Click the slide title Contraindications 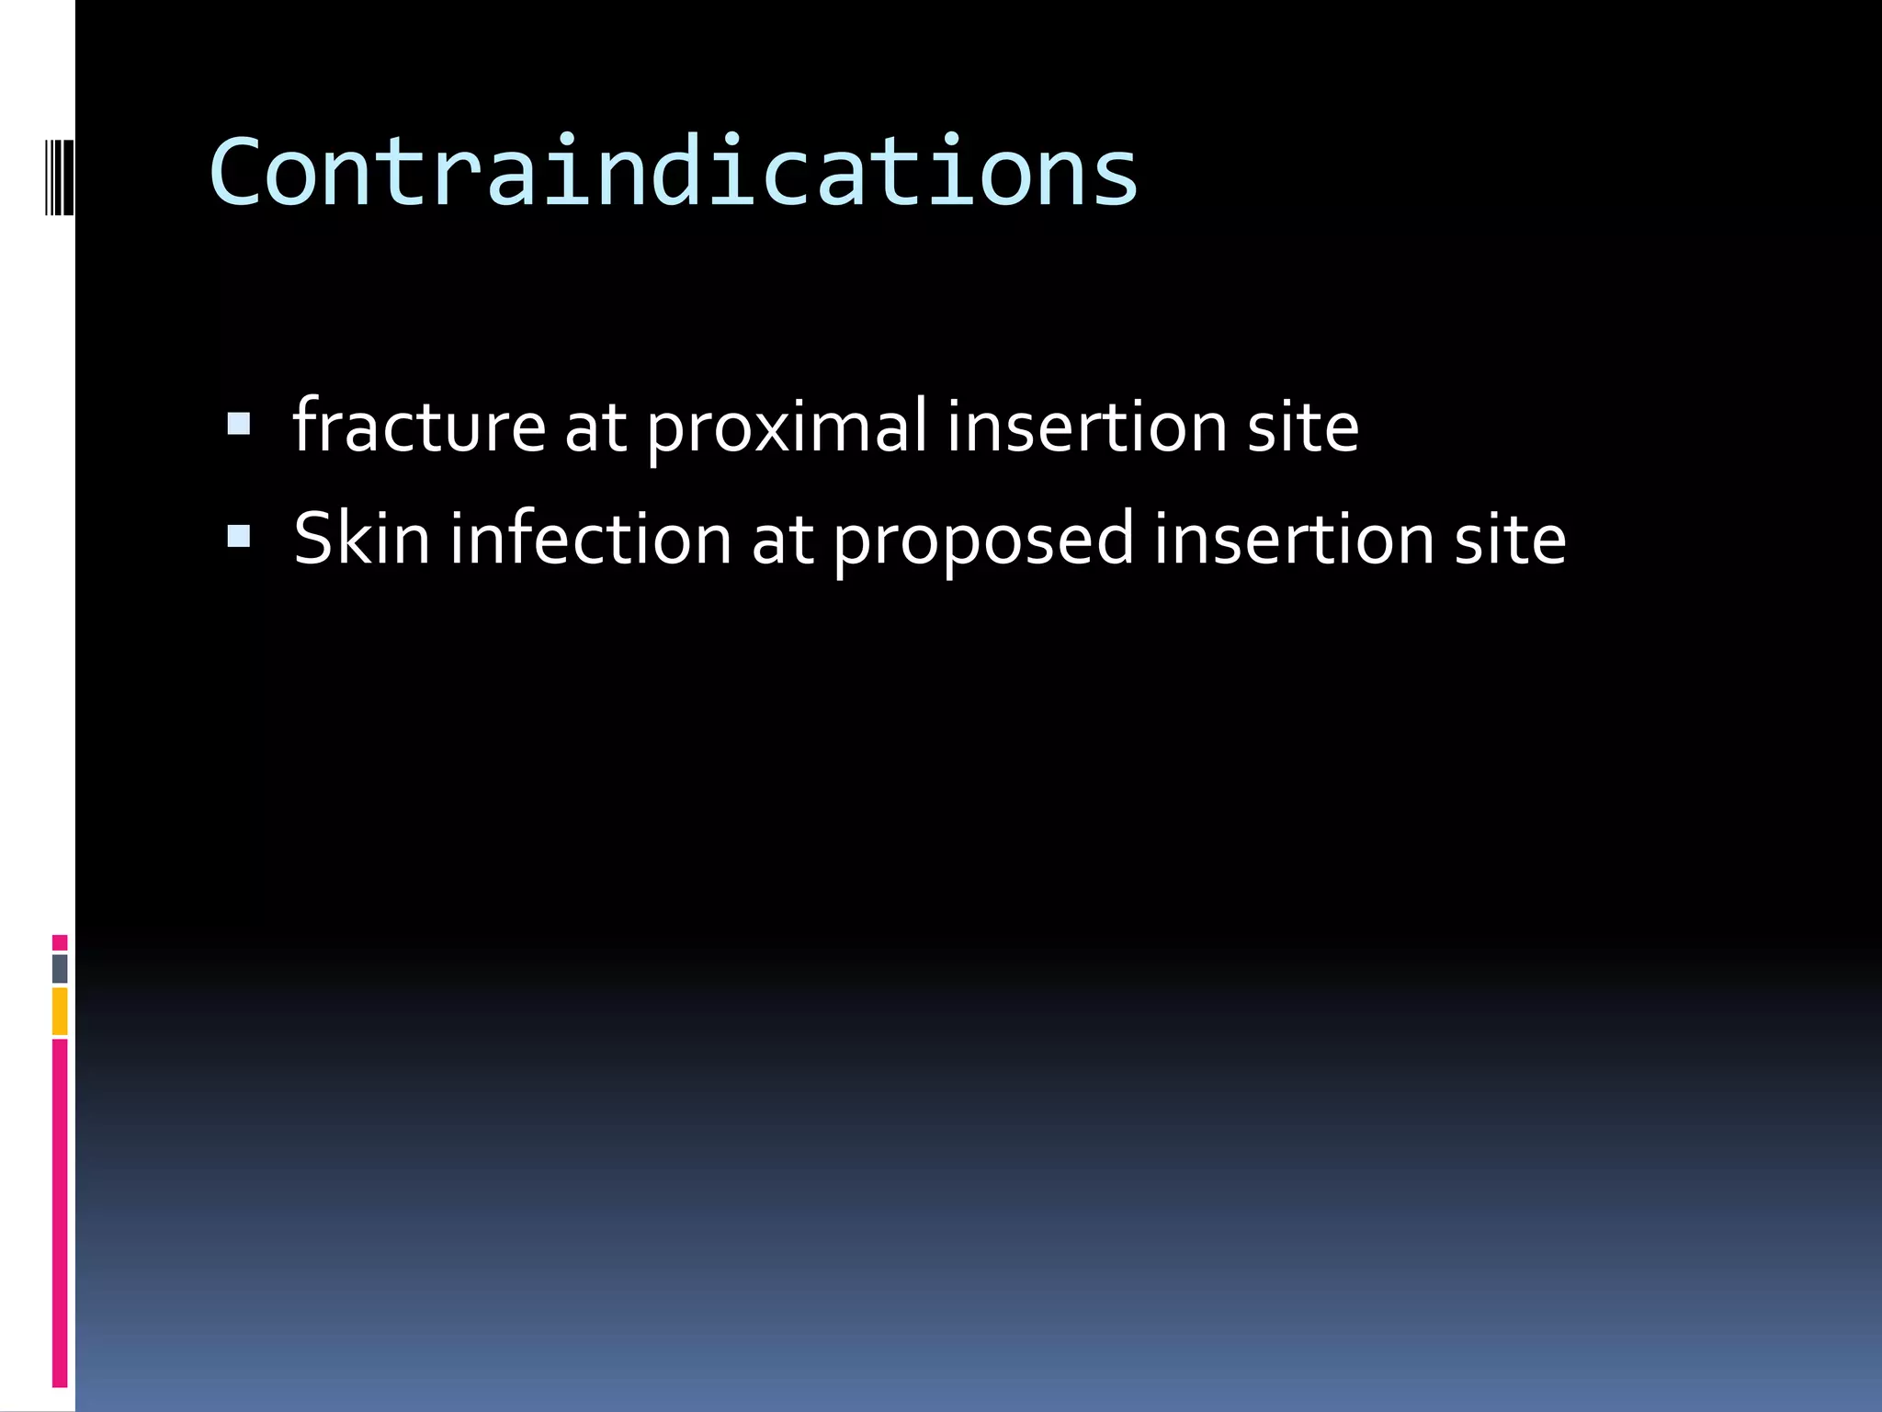(674, 172)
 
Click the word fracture (419, 427)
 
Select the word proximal (787, 428)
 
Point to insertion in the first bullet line (1086, 427)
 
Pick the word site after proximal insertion (1302, 427)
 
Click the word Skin (361, 539)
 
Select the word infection (590, 539)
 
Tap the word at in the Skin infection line (782, 541)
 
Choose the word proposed (983, 541)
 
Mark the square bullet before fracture (238, 424)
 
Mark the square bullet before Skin (238, 536)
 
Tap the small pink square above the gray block (60, 942)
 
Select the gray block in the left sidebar (60, 968)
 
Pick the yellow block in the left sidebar (60, 1010)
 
